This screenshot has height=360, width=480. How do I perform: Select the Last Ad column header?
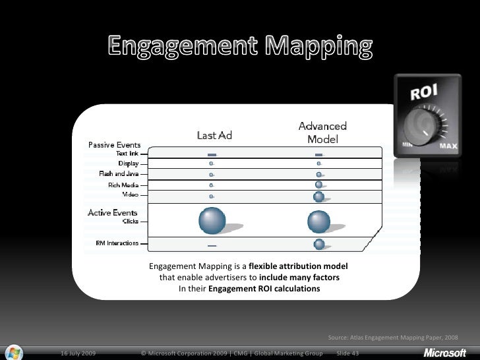point(215,135)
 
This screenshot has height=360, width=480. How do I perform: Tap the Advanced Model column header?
point(322,132)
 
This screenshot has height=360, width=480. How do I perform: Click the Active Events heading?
point(113,212)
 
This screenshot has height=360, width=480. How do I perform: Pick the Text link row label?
point(127,153)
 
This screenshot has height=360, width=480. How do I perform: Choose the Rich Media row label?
point(123,185)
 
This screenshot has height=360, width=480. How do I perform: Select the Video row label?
point(130,195)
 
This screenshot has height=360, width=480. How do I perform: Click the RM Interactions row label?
point(117,243)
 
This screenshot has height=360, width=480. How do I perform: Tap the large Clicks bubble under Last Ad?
point(212,220)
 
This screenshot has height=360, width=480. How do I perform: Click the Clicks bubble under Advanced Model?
point(319,220)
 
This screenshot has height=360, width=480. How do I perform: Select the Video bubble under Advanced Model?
point(319,196)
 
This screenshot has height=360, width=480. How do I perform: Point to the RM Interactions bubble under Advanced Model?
point(319,244)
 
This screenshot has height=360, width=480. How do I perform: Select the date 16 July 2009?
point(77,354)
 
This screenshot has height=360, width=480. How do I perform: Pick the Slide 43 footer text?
point(347,354)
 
